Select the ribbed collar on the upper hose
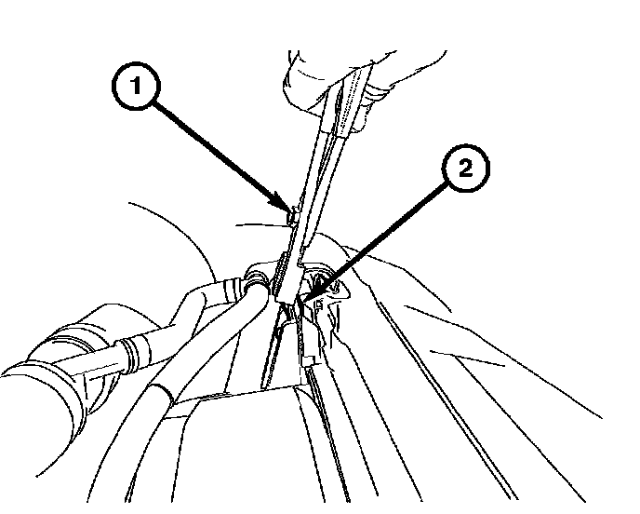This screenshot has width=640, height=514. pyautogui.click(x=138, y=355)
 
